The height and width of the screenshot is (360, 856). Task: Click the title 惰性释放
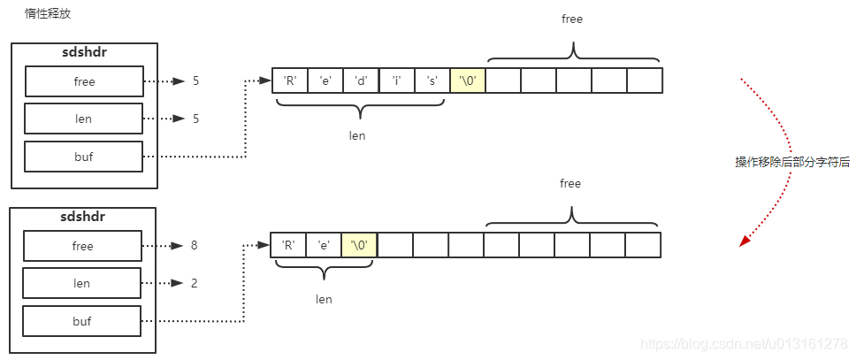(x=47, y=14)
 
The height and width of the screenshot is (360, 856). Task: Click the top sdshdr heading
(x=84, y=52)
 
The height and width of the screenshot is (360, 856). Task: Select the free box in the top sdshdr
(x=84, y=81)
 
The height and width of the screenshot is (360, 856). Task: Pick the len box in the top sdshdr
(x=84, y=119)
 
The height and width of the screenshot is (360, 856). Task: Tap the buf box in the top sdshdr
(x=84, y=157)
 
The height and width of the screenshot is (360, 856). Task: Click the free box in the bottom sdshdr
(x=82, y=246)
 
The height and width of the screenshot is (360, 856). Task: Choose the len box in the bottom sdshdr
(x=82, y=283)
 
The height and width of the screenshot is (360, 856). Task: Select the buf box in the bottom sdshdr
(x=82, y=321)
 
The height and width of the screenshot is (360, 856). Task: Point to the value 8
(x=194, y=246)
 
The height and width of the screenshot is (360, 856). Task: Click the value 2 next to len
(x=194, y=283)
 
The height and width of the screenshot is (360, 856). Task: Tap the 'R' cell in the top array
(x=289, y=80)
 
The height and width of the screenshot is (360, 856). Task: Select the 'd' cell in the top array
(x=361, y=80)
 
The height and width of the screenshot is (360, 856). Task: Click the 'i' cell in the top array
(x=396, y=80)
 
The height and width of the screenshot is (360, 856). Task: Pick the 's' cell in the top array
(x=432, y=80)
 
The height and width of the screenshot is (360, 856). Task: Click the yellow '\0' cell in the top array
(x=468, y=80)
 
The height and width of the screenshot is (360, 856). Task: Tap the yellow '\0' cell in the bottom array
(x=359, y=245)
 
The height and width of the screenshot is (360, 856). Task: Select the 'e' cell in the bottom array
(x=324, y=245)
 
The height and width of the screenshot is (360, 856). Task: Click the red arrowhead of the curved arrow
(x=745, y=239)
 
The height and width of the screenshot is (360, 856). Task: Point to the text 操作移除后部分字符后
(x=791, y=162)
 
